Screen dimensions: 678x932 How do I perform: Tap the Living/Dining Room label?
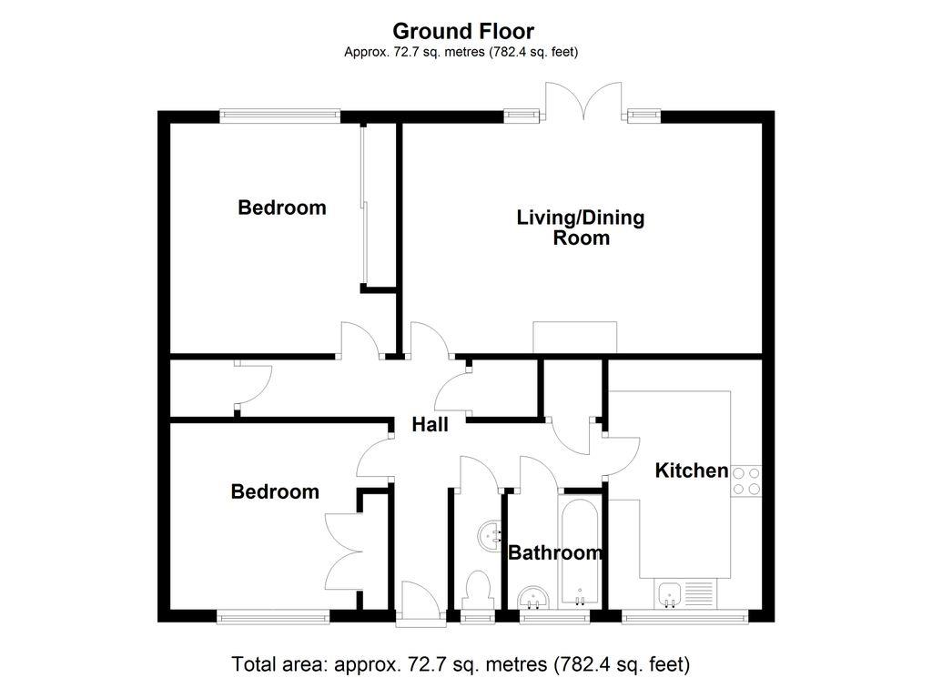pyautogui.click(x=581, y=228)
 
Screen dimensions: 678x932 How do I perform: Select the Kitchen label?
pyautogui.click(x=692, y=471)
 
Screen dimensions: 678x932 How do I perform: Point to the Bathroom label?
pyautogui.click(x=555, y=552)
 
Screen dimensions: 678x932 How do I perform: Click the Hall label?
pyautogui.click(x=430, y=424)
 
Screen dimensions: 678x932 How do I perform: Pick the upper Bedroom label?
pyautogui.click(x=281, y=207)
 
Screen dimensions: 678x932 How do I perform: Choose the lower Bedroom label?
pyautogui.click(x=275, y=491)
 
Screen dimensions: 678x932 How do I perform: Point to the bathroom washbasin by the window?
pyautogui.click(x=532, y=598)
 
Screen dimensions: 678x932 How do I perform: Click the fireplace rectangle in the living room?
pyautogui.click(x=575, y=338)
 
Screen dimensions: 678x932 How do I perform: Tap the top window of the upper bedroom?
pyautogui.click(x=279, y=116)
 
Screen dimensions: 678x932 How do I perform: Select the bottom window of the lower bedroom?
pyautogui.click(x=273, y=617)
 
